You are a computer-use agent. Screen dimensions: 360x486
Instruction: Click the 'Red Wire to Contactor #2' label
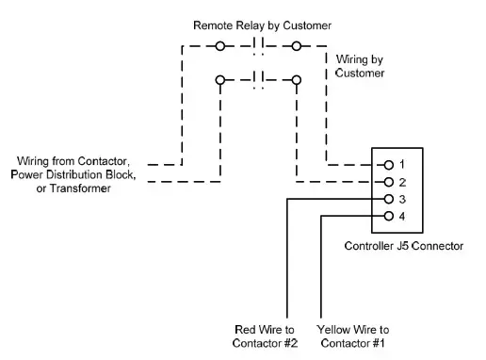(262, 335)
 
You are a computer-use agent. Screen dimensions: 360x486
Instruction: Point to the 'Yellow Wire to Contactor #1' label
(354, 335)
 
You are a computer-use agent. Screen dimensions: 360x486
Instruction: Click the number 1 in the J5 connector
(401, 164)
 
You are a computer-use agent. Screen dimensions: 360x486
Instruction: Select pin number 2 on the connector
(401, 182)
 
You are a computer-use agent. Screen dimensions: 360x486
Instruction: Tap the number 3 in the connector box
(401, 199)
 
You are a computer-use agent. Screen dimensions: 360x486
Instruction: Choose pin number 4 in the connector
(401, 216)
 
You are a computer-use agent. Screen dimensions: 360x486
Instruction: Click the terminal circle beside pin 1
(387, 164)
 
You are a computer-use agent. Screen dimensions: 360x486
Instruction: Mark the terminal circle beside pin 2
(387, 182)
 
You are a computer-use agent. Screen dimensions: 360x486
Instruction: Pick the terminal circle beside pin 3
(387, 199)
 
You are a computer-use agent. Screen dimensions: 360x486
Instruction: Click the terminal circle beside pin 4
(387, 216)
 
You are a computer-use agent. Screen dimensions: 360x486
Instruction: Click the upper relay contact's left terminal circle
(220, 45)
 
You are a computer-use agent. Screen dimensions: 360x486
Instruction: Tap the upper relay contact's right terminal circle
(296, 45)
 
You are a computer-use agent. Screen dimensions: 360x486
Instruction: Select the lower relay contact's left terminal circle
(220, 81)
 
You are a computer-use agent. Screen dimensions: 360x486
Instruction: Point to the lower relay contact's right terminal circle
(296, 81)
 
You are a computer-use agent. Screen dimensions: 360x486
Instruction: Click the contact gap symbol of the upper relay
(258, 45)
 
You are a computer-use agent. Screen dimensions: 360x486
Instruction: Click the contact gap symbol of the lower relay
(258, 81)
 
